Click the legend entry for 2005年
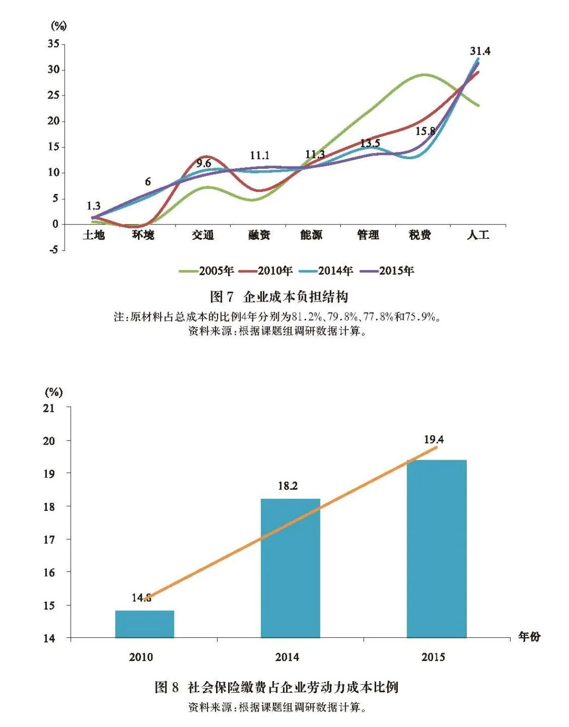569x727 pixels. tap(207, 271)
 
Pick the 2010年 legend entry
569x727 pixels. tap(266, 271)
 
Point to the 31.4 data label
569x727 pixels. tap(480, 51)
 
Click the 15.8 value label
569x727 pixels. tap(425, 131)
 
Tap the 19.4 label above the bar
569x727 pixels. tap(434, 440)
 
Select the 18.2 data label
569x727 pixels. tap(288, 486)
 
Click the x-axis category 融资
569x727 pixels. tap(259, 235)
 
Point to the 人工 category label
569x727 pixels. tap(478, 235)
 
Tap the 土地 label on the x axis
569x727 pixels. tap(94, 235)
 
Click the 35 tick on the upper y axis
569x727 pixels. tap(54, 44)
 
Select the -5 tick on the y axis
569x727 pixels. tap(54, 250)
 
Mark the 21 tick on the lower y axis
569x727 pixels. tap(49, 408)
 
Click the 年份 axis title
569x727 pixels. tap(529, 636)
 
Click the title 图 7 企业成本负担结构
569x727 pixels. tap(279, 297)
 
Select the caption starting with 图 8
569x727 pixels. tap(276, 687)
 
